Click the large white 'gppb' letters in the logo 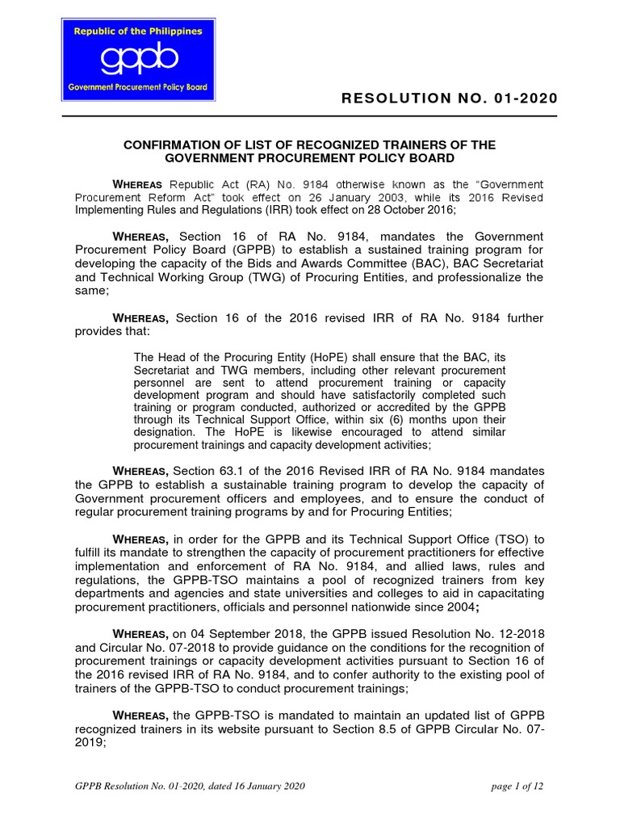137,61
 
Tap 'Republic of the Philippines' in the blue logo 138,31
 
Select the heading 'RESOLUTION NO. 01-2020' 449,99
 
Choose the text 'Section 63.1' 212,471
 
